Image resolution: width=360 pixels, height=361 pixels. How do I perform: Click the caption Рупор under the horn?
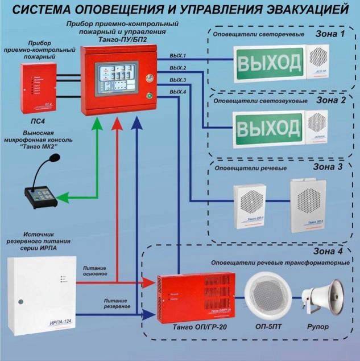319,329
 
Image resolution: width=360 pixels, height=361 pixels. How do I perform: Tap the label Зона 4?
330,251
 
